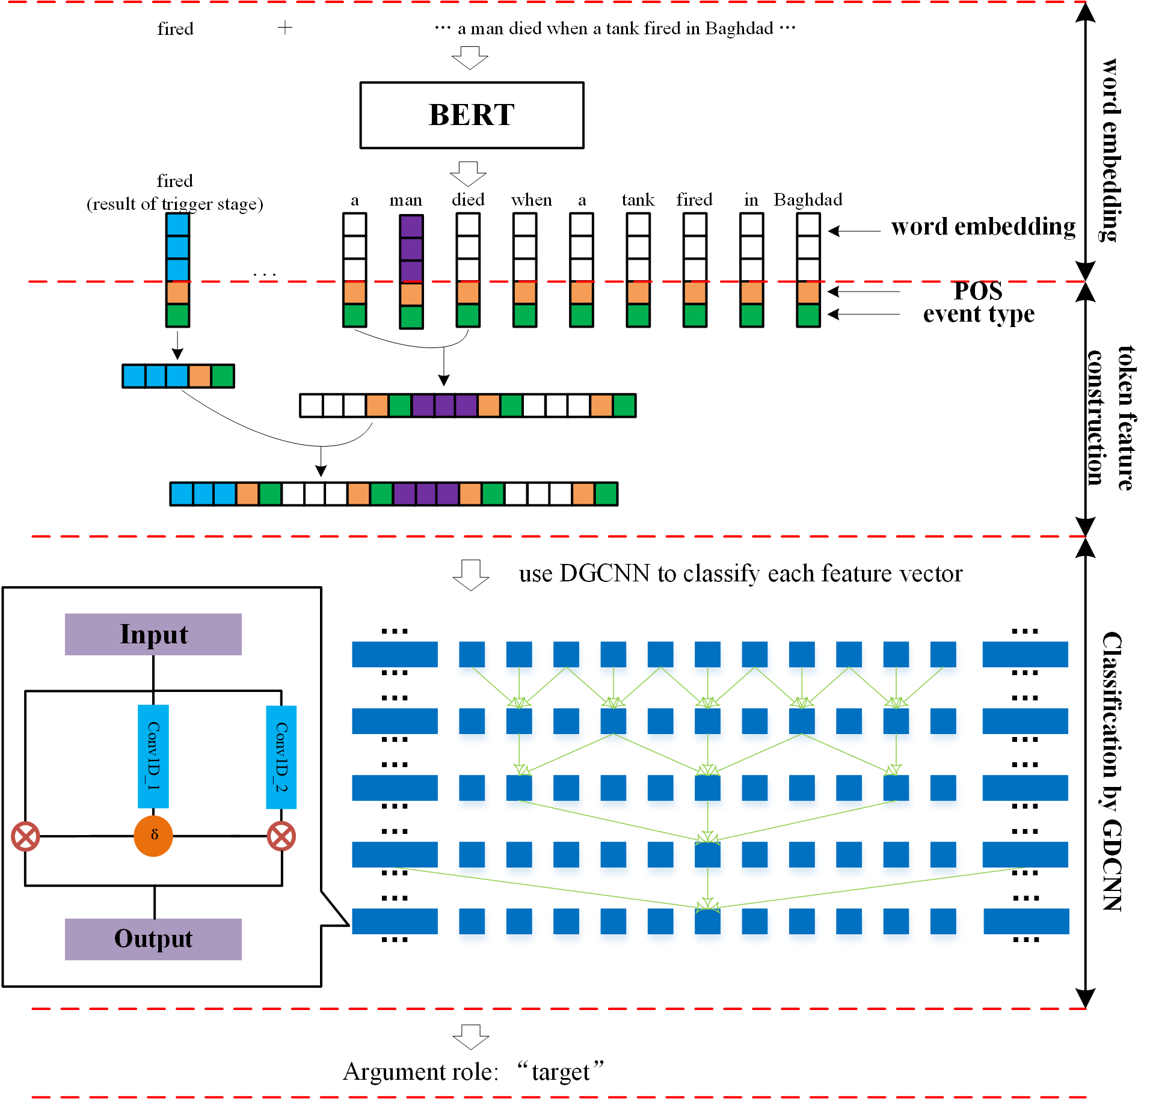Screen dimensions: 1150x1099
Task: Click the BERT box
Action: coord(472,115)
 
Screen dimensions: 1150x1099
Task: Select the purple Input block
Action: coord(153,634)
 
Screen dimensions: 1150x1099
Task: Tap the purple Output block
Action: coord(153,939)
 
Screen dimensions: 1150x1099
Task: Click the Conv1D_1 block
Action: coord(153,756)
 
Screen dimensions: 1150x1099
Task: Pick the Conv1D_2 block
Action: coord(281,757)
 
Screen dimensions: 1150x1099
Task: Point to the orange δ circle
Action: coord(153,836)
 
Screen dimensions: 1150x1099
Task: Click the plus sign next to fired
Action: coord(285,27)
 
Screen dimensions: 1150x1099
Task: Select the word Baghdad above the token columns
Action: coord(808,200)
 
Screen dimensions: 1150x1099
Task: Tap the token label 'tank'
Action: coord(638,200)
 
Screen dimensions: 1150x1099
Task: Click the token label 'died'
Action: coord(468,200)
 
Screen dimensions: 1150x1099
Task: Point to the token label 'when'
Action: coord(531,200)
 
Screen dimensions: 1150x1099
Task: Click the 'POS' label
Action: coord(979,291)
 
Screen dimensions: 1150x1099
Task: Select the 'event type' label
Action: coord(979,314)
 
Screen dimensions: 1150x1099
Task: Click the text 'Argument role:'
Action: coord(421,1072)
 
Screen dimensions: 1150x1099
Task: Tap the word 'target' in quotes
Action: coord(561,1072)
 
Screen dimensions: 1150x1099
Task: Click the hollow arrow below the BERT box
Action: coord(468,174)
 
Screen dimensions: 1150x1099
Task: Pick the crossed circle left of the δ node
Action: coord(26,836)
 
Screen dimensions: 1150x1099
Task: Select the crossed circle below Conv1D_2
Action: coord(281,836)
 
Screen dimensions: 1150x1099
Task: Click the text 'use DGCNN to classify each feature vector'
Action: coord(740,574)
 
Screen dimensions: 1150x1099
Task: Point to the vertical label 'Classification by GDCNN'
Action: coord(1113,771)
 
